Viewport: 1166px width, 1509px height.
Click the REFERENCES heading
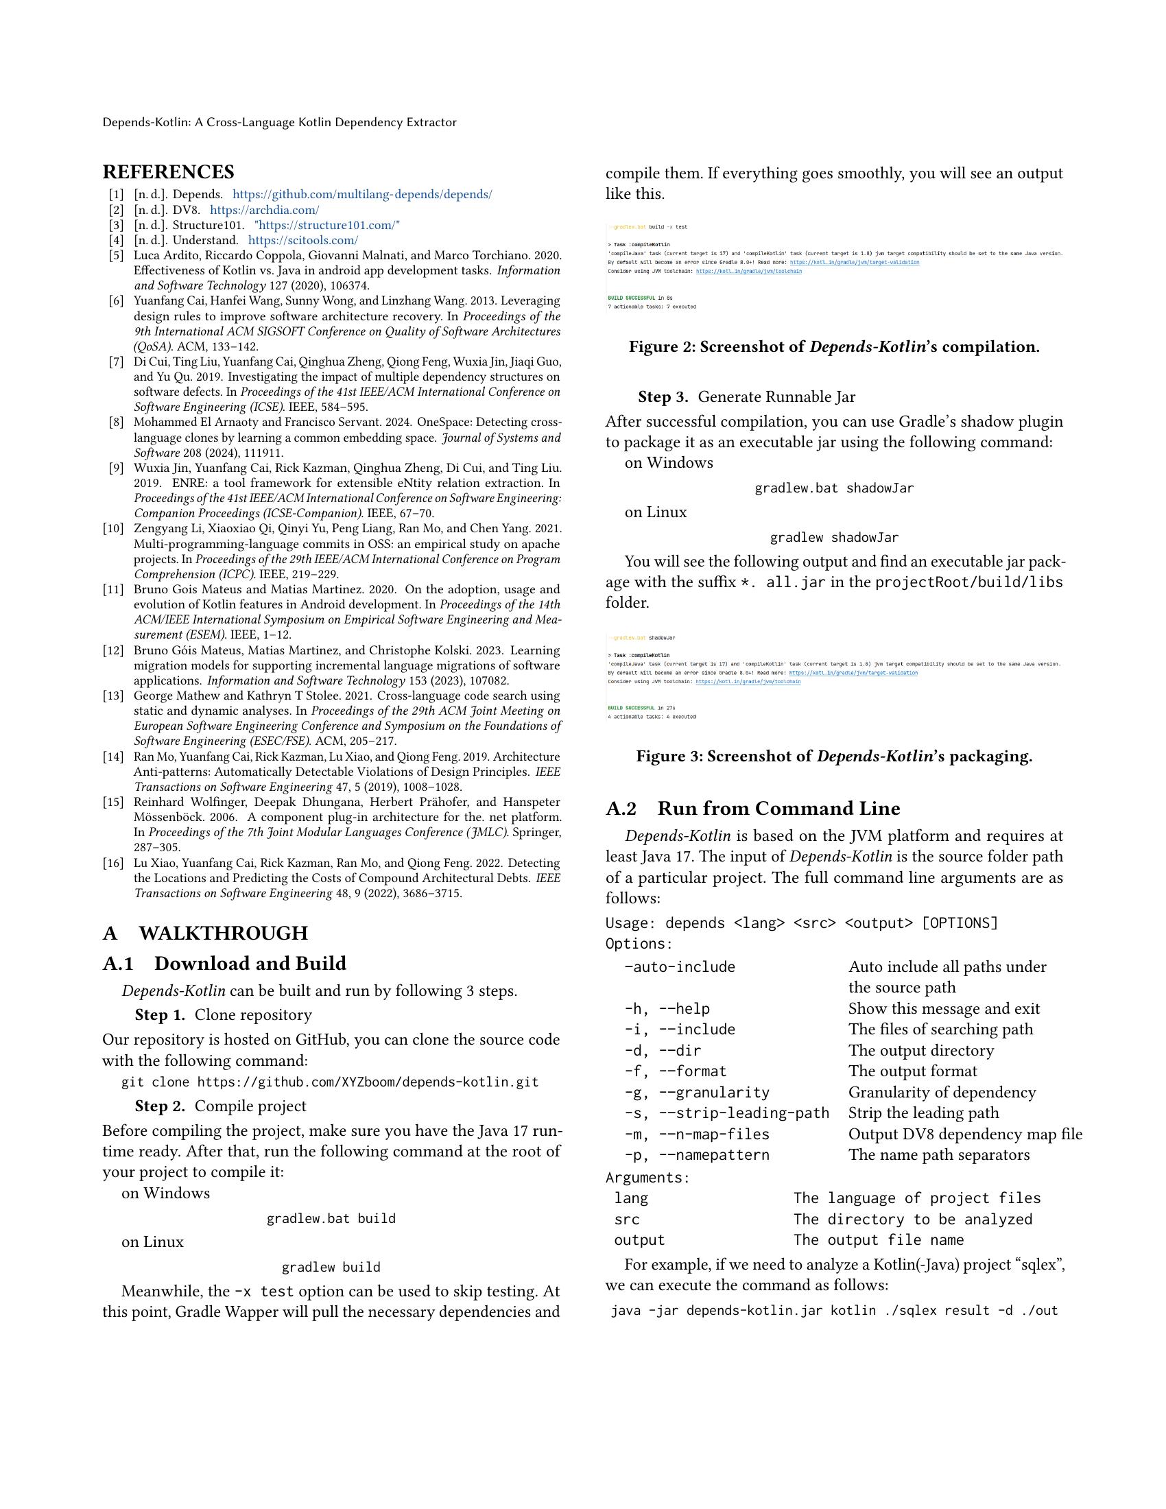point(169,172)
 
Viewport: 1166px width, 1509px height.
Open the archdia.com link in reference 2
point(264,210)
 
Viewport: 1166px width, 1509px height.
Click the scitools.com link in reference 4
point(302,241)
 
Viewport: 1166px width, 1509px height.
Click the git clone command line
point(329,1082)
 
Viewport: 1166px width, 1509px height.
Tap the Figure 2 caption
point(834,347)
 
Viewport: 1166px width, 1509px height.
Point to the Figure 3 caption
point(834,757)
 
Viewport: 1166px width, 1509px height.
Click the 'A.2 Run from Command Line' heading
point(753,809)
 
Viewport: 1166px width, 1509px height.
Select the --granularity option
point(697,1093)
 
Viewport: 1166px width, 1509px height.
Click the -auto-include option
point(680,966)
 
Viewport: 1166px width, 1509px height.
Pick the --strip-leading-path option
point(726,1113)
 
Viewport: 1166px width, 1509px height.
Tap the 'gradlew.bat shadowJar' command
point(834,488)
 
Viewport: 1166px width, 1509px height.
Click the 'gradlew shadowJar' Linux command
point(834,538)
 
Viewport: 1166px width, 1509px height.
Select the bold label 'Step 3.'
point(663,397)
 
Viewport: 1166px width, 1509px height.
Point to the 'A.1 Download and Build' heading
point(224,964)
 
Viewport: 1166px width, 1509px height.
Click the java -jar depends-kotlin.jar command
point(834,1311)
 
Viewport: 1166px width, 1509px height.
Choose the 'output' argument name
point(640,1240)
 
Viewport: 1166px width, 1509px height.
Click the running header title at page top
point(280,122)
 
